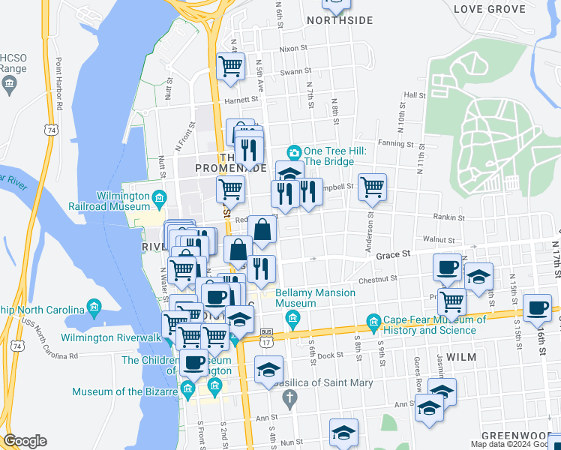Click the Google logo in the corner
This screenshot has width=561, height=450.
click(25, 441)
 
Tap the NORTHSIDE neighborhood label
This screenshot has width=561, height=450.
click(340, 20)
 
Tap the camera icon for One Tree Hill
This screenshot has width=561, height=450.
click(294, 152)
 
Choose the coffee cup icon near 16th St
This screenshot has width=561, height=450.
click(537, 307)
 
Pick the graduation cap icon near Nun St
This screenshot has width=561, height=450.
click(343, 433)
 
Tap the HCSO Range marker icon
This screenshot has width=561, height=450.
click(10, 85)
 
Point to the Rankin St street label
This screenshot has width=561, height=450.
click(449, 217)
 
